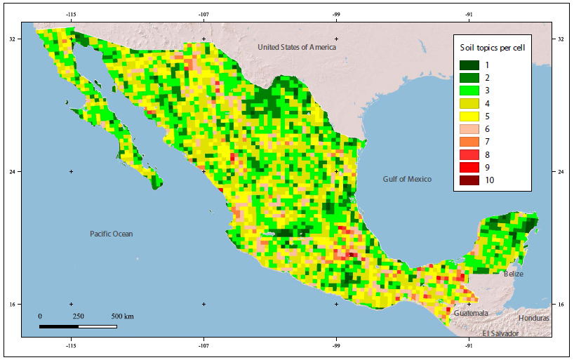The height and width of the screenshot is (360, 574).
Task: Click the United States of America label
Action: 296,47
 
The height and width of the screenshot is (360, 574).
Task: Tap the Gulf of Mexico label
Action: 407,179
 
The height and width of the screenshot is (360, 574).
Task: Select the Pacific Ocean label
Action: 111,234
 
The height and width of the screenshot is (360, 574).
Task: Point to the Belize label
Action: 513,274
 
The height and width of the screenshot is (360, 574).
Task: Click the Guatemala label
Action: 470,313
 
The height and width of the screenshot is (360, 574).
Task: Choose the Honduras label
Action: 534,318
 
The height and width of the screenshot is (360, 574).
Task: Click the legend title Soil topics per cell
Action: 493,48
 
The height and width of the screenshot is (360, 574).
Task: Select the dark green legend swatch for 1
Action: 469,65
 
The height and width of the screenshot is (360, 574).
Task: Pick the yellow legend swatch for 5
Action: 469,116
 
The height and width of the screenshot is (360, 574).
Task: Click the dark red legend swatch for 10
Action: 469,180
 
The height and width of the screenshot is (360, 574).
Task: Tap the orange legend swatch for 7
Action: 469,142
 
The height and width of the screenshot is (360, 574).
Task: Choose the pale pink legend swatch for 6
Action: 469,129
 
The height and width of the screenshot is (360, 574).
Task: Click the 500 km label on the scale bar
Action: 122,316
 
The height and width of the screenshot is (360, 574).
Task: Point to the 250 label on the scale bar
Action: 78,316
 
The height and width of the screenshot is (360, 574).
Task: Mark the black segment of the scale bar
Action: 58,326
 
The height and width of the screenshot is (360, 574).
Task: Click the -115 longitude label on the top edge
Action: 71,14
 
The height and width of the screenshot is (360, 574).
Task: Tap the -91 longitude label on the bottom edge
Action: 468,346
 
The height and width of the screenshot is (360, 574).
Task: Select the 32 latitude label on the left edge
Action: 13,39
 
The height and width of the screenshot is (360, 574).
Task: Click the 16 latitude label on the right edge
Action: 560,304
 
